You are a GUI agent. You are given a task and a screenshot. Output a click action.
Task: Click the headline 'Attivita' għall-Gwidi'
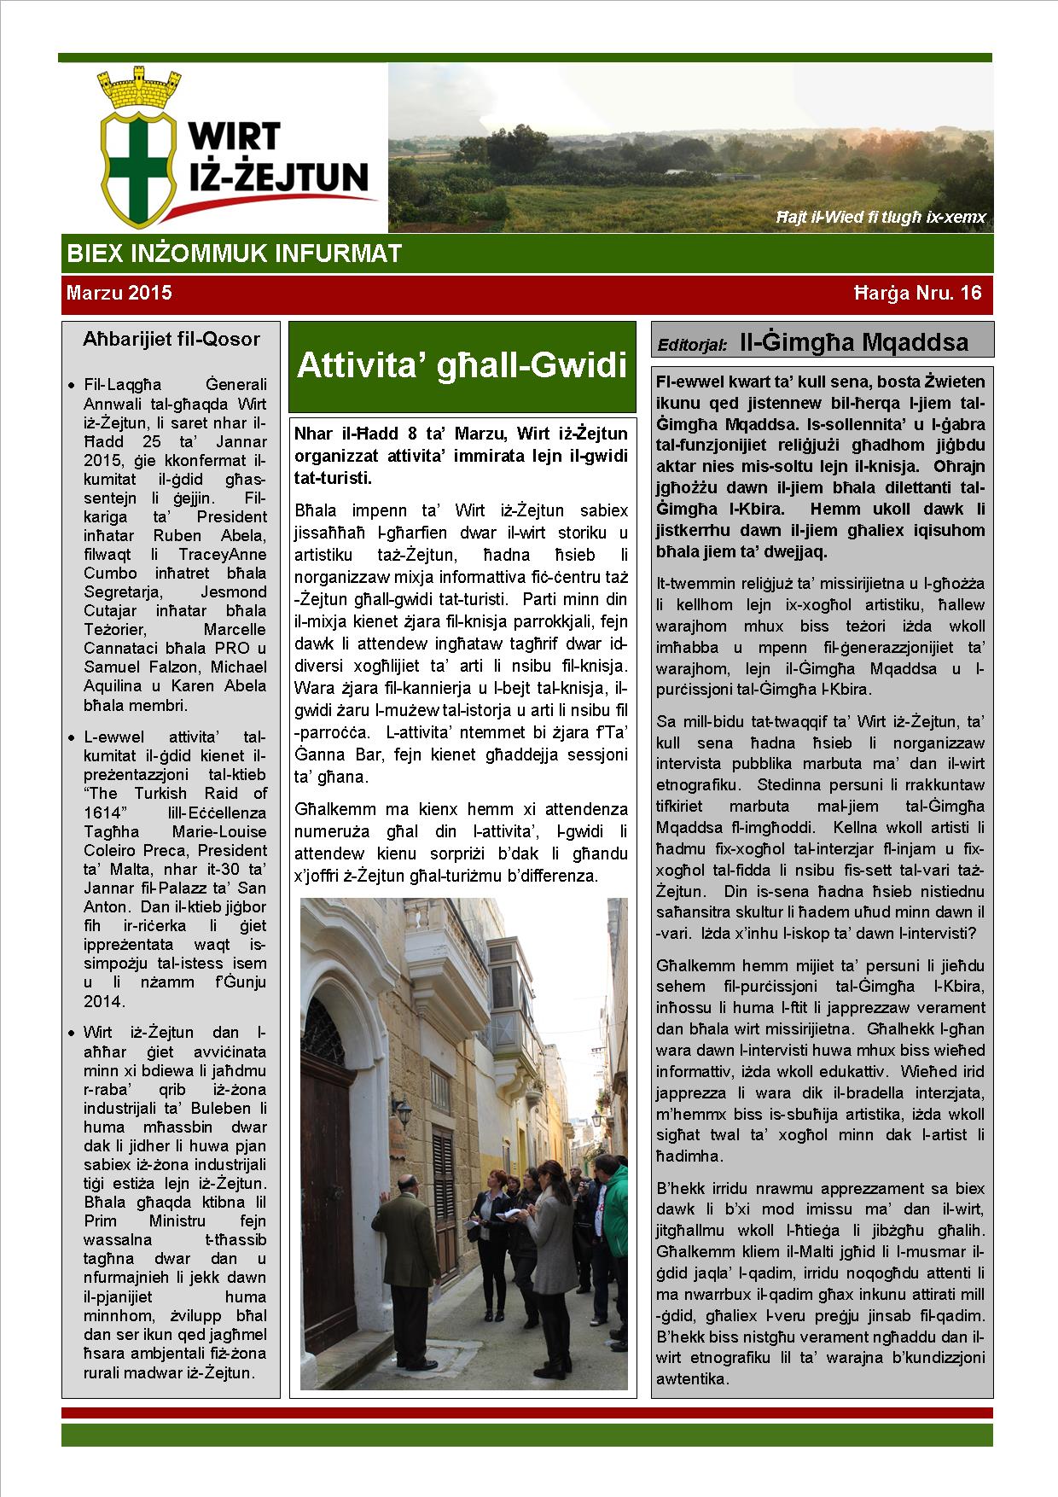[462, 366]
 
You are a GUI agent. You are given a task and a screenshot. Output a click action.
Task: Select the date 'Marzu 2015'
[119, 294]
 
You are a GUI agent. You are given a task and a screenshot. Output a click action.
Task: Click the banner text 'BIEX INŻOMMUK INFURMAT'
[234, 253]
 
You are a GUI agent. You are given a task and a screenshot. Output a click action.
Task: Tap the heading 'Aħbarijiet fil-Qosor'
[171, 339]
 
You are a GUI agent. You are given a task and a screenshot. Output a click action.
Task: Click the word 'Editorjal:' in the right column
[693, 346]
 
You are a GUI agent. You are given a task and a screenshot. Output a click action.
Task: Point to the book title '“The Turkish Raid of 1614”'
[176, 803]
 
